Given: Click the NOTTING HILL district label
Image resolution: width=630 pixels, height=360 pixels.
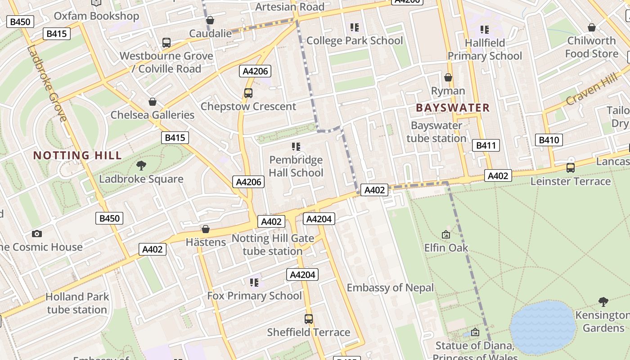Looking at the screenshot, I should [77, 156].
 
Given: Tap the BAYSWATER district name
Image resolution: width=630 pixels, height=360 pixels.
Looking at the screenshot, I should [453, 108].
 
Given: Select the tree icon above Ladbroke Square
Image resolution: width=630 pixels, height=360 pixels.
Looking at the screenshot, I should [141, 165].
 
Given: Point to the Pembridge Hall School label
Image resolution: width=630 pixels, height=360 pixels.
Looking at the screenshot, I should [296, 166].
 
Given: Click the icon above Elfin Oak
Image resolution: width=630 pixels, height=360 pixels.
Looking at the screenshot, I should [446, 234].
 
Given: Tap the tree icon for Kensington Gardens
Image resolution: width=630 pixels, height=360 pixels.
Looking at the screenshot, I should [603, 301].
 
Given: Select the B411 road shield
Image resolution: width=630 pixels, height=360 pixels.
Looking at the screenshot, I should [486, 145].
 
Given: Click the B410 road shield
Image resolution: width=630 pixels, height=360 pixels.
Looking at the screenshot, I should [549, 140].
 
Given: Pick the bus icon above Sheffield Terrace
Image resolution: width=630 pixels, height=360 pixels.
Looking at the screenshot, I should [309, 319].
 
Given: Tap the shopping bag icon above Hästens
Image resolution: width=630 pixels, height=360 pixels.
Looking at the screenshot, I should [206, 229].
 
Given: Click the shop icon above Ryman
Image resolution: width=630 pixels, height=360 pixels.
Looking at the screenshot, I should [448, 77].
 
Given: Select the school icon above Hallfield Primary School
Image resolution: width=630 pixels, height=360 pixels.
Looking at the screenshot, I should [484, 30].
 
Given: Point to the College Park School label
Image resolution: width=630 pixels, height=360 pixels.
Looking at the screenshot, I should [354, 41].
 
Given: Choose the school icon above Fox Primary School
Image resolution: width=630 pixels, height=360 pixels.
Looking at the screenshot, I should [254, 282].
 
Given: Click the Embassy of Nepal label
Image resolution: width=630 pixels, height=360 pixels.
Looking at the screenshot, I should [390, 288].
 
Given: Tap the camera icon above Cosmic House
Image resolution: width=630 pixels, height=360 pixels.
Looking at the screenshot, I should [37, 234].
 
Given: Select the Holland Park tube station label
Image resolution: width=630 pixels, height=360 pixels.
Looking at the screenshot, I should [77, 303].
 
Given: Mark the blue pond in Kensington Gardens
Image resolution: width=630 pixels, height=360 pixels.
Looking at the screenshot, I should [542, 327].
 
